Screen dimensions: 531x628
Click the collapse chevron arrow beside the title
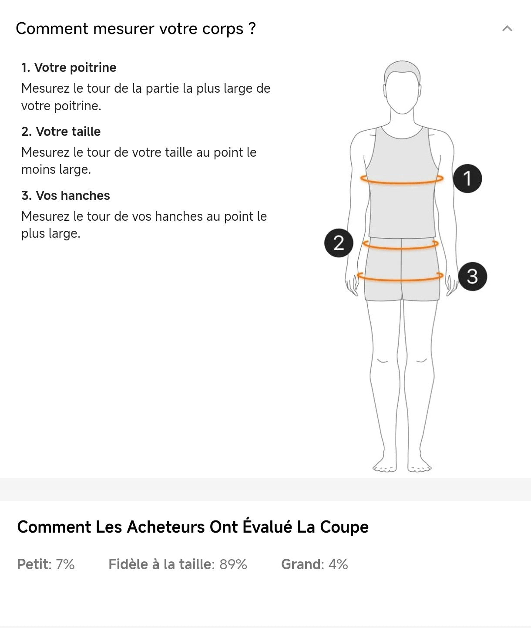point(507,29)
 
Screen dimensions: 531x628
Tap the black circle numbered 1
point(467,179)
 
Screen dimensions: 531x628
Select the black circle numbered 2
point(339,243)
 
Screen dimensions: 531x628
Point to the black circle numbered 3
point(472,277)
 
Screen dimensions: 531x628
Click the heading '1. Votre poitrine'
point(69,68)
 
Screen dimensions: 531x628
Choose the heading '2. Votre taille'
point(61,132)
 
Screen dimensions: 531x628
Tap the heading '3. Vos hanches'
point(66,196)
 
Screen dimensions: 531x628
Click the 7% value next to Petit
point(65,564)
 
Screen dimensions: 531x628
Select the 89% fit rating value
point(233,564)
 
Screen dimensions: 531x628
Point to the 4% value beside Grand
point(338,564)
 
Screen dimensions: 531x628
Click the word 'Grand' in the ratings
point(301,564)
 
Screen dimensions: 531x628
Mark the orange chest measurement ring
point(402,183)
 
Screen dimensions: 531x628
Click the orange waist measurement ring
point(401,248)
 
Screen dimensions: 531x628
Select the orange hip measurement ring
point(400,280)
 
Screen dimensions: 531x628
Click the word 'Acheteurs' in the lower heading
point(166,527)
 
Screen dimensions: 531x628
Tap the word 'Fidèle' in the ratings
point(128,564)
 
